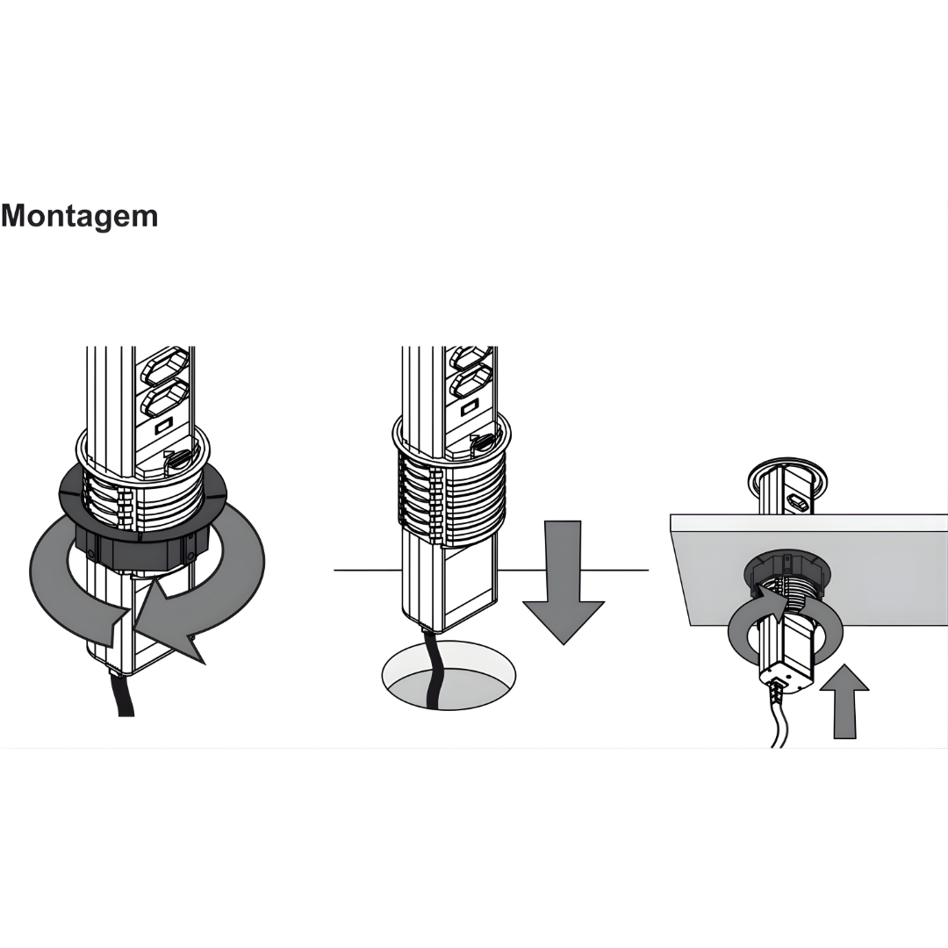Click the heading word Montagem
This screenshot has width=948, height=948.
(79, 216)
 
